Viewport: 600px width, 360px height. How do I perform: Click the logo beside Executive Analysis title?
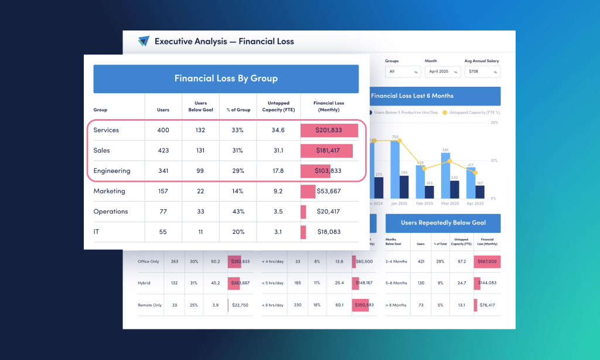[x=144, y=41]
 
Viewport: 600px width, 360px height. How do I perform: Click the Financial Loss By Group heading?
[x=226, y=79]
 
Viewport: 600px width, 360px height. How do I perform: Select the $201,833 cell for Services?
[x=328, y=130]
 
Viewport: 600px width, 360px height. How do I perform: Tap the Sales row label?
[x=102, y=151]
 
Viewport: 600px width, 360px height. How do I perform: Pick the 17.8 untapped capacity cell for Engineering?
[x=278, y=171]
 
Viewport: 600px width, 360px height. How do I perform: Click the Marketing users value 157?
[x=163, y=191]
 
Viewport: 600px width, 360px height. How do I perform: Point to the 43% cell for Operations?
[x=238, y=212]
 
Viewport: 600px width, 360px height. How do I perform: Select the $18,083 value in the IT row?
[x=328, y=232]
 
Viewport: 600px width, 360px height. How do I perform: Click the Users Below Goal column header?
[x=201, y=106]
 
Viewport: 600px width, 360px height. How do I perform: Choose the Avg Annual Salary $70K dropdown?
[x=482, y=72]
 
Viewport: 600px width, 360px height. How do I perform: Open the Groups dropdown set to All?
[x=403, y=72]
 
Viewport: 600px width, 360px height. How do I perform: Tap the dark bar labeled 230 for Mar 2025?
[x=455, y=189]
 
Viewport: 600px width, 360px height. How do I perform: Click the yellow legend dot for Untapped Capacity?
[x=445, y=111]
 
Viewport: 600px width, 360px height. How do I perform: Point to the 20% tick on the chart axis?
[x=494, y=123]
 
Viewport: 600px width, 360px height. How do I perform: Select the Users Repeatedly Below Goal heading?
[x=443, y=223]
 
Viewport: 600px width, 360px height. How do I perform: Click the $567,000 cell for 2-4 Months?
[x=487, y=261]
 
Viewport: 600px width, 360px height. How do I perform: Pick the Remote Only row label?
[x=149, y=305]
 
